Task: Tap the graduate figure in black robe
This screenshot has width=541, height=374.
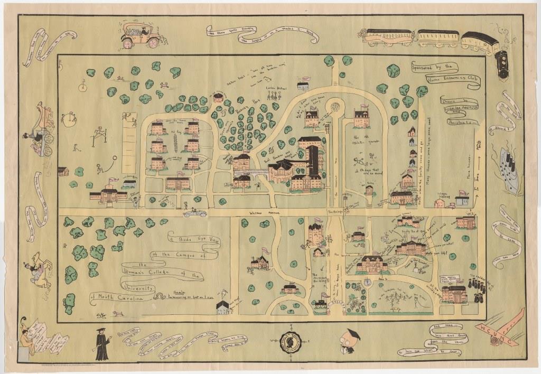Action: (101, 344)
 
